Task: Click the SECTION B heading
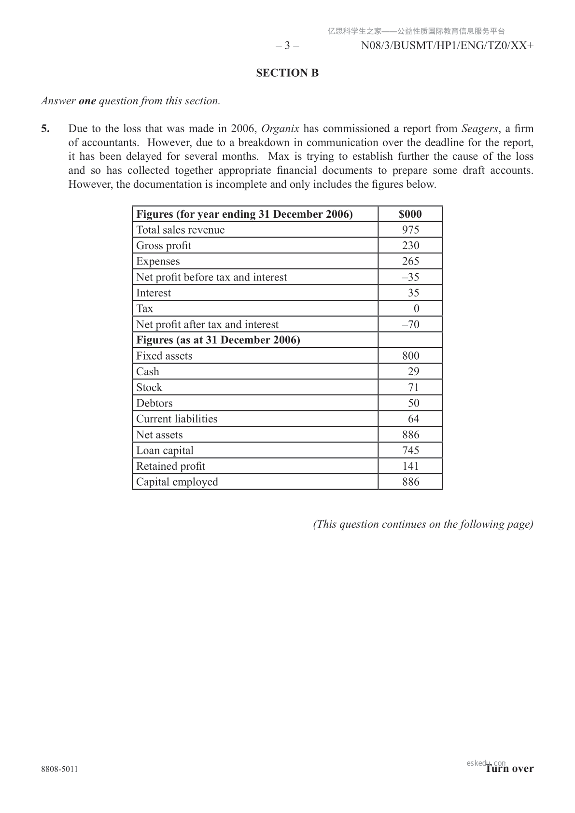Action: (287, 73)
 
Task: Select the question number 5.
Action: (45, 128)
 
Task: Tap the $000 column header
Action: (410, 214)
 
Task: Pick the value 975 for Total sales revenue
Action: (410, 230)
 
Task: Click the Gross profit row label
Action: (164, 246)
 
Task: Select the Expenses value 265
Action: (410, 261)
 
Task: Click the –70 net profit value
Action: (410, 324)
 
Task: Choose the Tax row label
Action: (144, 308)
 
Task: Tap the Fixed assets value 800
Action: (410, 356)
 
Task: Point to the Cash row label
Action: (147, 372)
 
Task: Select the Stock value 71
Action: (413, 387)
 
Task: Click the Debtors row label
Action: (154, 403)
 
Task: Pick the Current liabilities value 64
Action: (413, 419)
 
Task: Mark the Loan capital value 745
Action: (410, 450)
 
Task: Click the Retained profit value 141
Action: (410, 466)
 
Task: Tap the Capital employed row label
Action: (177, 482)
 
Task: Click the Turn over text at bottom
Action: (509, 769)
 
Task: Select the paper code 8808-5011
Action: (59, 769)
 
